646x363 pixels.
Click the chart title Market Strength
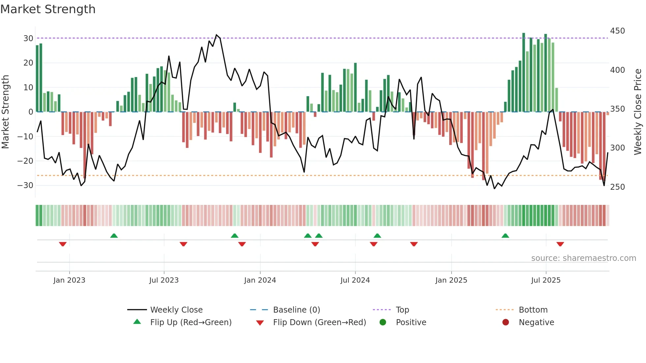pos(48,9)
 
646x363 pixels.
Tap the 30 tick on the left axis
pos(28,39)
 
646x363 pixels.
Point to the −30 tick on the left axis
pos(25,185)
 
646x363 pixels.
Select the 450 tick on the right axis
pos(617,31)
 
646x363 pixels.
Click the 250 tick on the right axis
pos(617,187)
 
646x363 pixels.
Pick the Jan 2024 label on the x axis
pos(260,280)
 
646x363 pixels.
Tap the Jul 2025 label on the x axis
pos(545,280)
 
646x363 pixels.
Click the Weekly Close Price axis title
pos(638,112)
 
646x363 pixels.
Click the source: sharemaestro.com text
pos(583,258)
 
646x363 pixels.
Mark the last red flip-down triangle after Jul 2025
pos(560,244)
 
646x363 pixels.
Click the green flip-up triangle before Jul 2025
pos(505,236)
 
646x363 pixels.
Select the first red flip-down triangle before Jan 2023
pos(63,244)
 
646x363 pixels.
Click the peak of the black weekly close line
pos(217,35)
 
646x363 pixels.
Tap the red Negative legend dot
pos(505,322)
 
